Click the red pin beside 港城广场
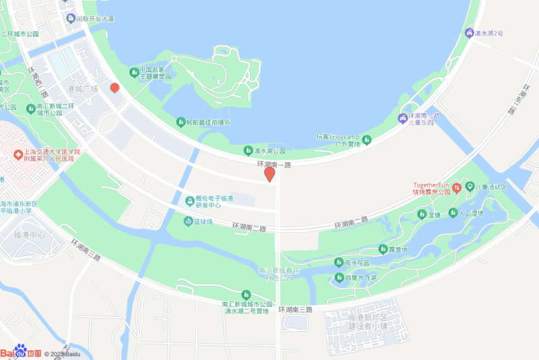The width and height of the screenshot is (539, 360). pyautogui.click(x=115, y=88)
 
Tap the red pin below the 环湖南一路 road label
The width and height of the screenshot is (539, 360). pyautogui.click(x=269, y=175)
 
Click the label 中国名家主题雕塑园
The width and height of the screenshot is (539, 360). pyautogui.click(x=156, y=73)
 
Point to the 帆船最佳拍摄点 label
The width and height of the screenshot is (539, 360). pyautogui.click(x=208, y=123)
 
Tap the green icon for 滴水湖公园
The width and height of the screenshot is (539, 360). pyautogui.click(x=247, y=151)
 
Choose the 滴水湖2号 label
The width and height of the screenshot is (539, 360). pyautogui.click(x=489, y=32)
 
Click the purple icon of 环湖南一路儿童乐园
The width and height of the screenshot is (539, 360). pyautogui.click(x=403, y=119)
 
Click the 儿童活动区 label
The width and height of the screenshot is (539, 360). pyautogui.click(x=491, y=187)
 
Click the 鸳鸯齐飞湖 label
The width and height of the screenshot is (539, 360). pyautogui.click(x=360, y=277)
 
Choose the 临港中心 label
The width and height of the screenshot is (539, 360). pyautogui.click(x=29, y=235)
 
